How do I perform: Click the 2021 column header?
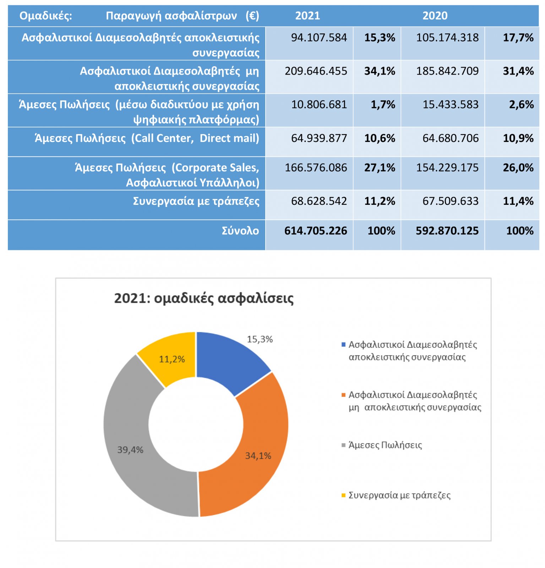(307, 16)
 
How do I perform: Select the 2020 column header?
(435, 16)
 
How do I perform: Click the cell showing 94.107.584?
(319, 38)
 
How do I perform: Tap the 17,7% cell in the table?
(518, 38)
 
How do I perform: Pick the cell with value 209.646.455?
(316, 71)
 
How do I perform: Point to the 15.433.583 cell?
(451, 104)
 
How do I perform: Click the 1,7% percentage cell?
(383, 104)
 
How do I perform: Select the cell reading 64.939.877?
(319, 138)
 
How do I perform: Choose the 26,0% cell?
(518, 168)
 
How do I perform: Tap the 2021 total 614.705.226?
(316, 231)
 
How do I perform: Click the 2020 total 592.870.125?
(447, 231)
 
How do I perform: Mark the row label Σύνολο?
(240, 231)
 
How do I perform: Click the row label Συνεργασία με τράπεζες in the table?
(196, 201)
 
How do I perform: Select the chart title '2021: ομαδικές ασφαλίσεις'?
(204, 298)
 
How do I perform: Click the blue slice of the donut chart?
(231, 360)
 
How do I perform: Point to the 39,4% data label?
(130, 450)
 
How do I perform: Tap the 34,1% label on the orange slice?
(258, 455)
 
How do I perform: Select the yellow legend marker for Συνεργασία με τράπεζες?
(343, 495)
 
